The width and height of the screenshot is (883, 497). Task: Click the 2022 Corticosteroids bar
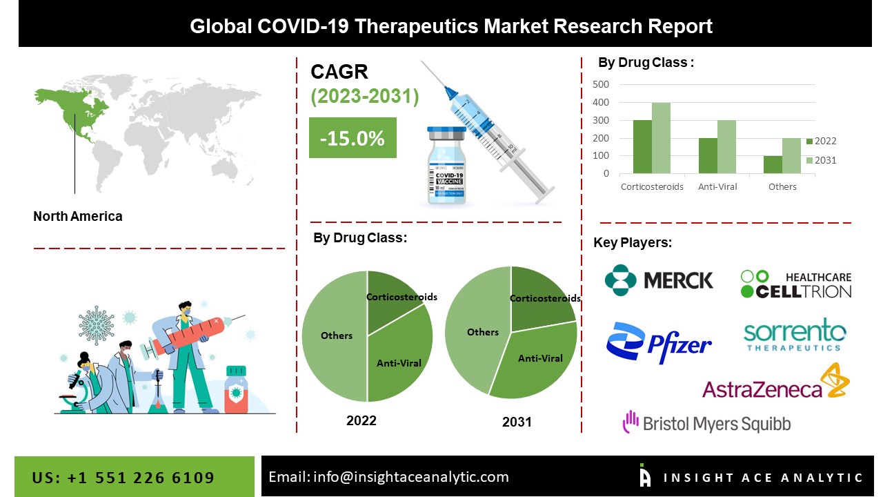(642, 147)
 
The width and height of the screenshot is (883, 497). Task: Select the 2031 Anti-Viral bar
(726, 147)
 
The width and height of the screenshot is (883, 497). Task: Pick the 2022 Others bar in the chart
(773, 165)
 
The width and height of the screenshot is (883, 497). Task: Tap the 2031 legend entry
(821, 160)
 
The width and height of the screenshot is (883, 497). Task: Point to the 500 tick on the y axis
(600, 84)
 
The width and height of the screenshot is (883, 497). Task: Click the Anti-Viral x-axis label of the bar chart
(717, 187)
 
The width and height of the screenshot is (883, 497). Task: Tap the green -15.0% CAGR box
(353, 138)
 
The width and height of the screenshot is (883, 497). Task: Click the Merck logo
(659, 280)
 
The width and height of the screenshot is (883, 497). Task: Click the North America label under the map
(78, 216)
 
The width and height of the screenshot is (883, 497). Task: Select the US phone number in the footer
(123, 478)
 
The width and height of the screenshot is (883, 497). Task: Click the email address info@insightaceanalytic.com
(388, 477)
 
